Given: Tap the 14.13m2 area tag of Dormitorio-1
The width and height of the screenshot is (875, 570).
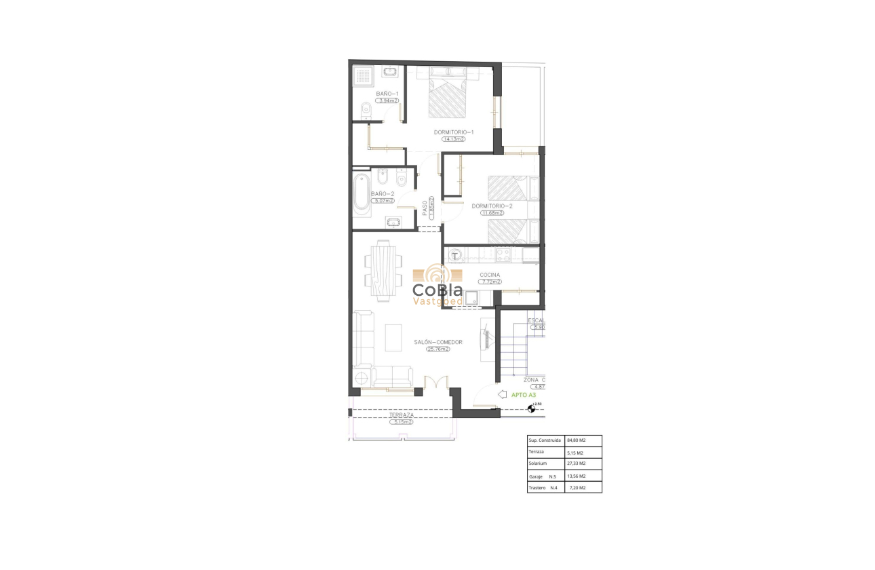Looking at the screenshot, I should [453, 139].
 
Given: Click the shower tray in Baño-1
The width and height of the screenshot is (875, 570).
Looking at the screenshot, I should [364, 75].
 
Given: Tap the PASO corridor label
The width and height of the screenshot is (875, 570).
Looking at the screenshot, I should [425, 207].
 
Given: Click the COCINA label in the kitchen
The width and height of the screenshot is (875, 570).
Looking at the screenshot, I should [490, 275].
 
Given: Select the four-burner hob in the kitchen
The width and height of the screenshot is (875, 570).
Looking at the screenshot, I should [504, 255].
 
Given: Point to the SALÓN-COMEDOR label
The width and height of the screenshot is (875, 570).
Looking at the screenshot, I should [438, 342].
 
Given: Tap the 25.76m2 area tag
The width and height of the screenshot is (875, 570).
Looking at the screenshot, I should [438, 349].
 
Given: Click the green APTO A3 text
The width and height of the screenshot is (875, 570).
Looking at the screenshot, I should [524, 394].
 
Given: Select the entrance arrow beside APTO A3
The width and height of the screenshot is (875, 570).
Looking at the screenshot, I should [502, 394].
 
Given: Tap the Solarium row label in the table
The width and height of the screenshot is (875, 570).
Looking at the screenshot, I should [538, 463].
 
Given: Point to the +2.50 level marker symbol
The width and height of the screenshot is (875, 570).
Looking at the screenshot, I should [532, 408].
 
